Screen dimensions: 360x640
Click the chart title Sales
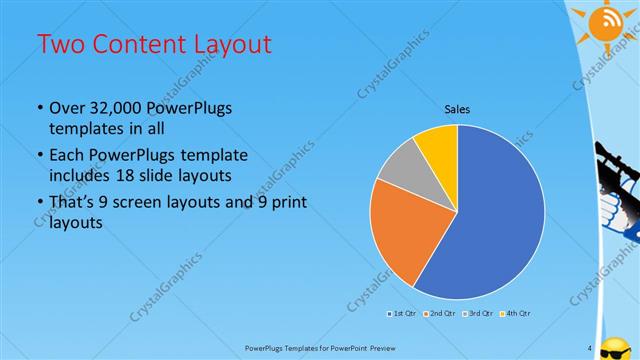click(457, 110)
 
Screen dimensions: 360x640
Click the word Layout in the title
click(228, 44)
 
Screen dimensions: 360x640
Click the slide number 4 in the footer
click(590, 348)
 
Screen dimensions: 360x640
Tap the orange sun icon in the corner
click(606, 22)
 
